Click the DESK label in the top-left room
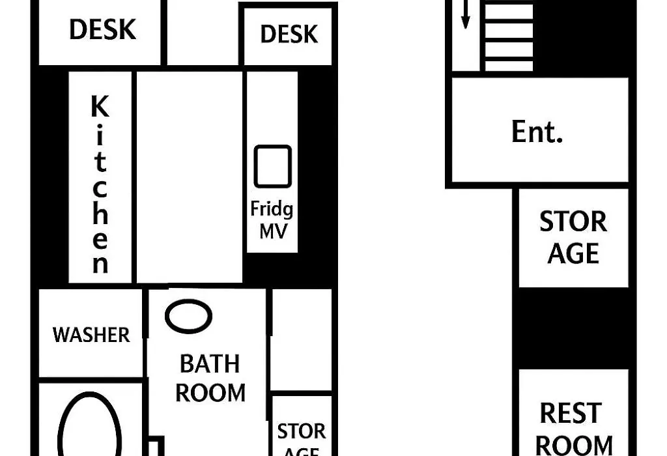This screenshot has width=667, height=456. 102,29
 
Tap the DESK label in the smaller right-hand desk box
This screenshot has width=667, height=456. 289,34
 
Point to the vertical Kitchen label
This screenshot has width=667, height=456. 100,184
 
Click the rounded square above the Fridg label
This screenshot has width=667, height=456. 273,166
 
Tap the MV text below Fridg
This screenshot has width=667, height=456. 274,231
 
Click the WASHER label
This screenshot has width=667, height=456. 91,335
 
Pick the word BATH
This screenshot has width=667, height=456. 210,363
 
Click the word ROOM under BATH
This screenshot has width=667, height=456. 210,393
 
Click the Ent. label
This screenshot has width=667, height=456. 537,132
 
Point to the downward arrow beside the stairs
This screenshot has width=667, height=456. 465,14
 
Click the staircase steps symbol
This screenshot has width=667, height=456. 509,36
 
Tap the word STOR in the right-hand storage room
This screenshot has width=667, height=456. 573,221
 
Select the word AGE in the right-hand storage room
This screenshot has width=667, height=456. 573,253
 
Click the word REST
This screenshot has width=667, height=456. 571,413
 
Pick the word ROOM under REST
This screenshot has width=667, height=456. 574,446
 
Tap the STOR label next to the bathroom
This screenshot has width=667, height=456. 301,431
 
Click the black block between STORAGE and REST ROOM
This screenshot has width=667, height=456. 573,328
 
